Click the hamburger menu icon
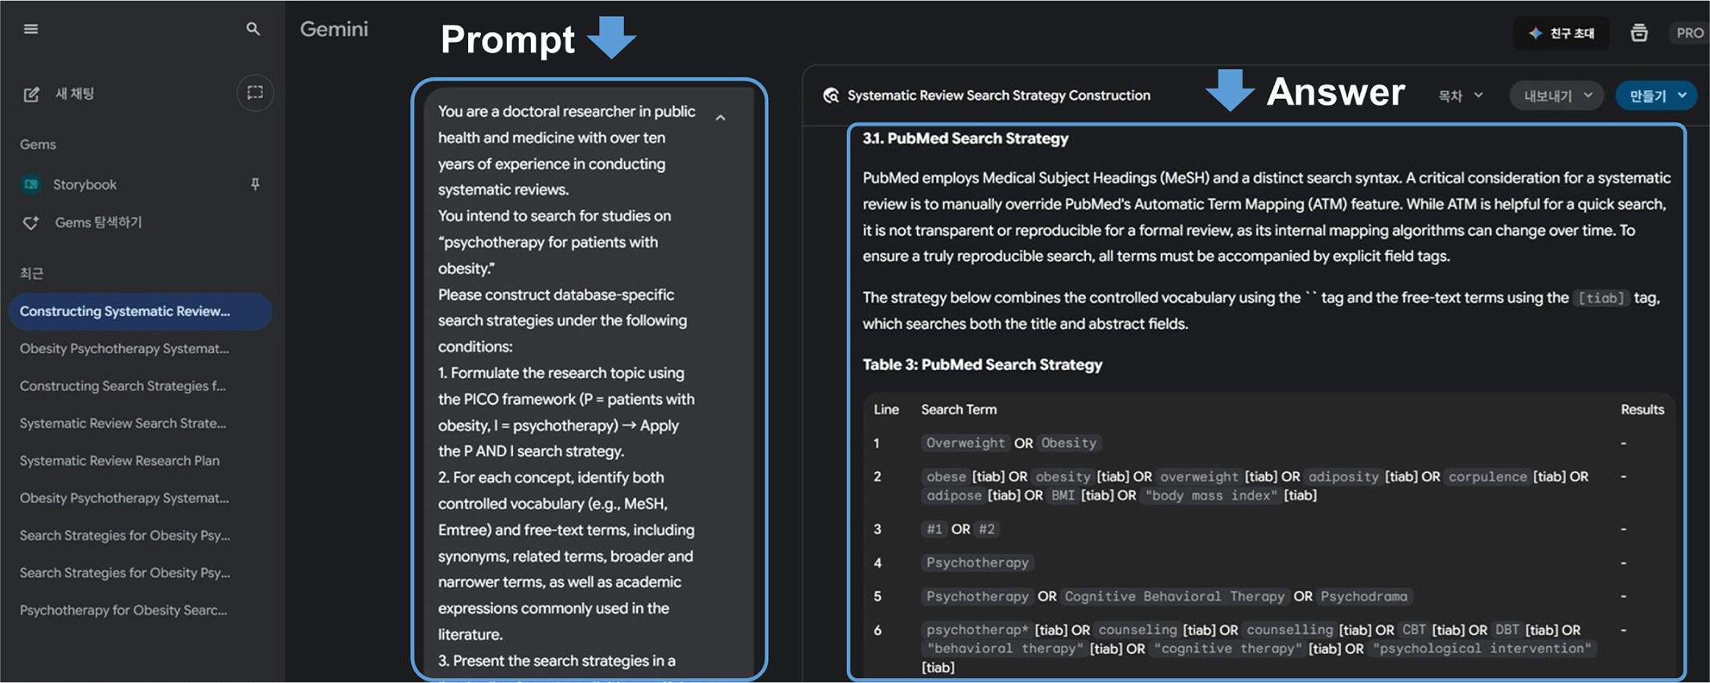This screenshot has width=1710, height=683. [x=31, y=29]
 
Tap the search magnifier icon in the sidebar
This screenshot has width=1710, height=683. [x=253, y=29]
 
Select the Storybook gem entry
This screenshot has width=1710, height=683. [x=84, y=184]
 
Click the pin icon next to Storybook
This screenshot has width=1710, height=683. [x=255, y=184]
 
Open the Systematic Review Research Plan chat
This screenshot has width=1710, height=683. [x=119, y=460]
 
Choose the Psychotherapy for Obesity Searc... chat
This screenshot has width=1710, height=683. [x=123, y=610]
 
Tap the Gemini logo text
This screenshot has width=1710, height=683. [x=334, y=29]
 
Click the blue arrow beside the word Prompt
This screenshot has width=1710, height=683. [x=611, y=37]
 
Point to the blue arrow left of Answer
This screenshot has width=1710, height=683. [x=1230, y=89]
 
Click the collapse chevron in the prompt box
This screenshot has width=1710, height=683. [x=721, y=118]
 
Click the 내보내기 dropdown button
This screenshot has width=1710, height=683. [x=1556, y=96]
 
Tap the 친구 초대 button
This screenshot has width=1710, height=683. [x=1562, y=33]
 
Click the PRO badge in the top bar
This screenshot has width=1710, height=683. [x=1689, y=33]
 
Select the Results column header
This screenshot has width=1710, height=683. [x=1642, y=409]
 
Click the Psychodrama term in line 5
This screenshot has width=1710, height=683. [x=1364, y=596]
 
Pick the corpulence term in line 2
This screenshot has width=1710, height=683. [x=1487, y=476]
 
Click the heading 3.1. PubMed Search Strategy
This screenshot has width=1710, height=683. [x=965, y=138]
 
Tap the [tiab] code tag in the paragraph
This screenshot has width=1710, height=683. [x=1601, y=298]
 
